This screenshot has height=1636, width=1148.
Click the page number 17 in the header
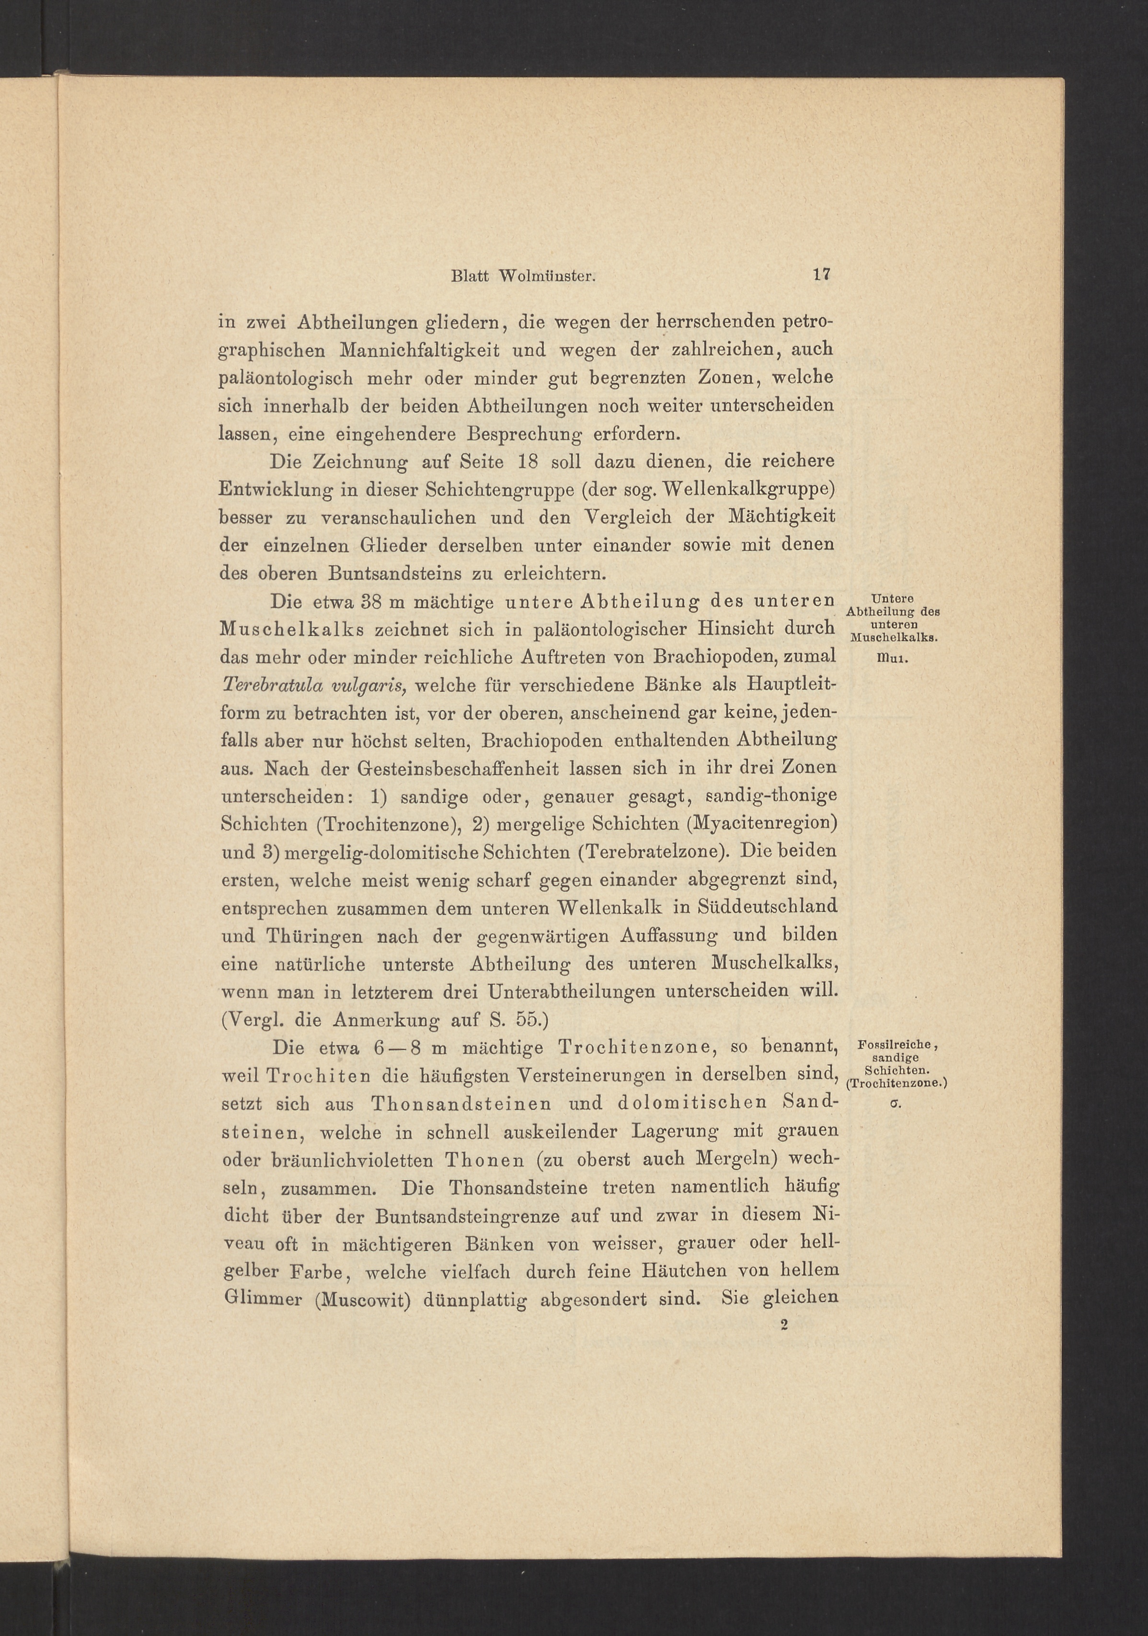(822, 275)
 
